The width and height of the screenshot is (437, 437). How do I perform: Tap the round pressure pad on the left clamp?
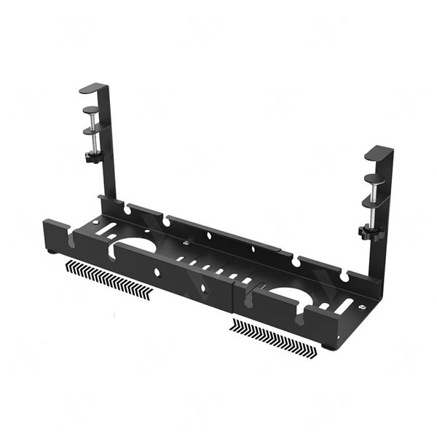(91, 110)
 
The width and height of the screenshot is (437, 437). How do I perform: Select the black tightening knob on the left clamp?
(92, 156)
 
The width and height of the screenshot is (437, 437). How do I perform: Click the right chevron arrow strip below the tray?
(273, 336)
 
